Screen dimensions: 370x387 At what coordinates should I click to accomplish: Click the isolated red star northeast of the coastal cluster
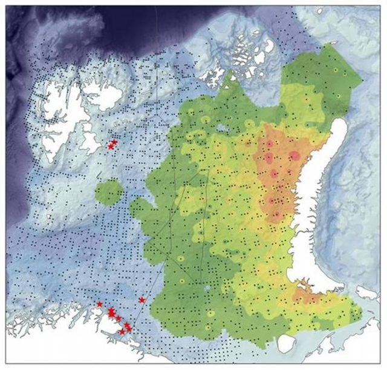click(x=141, y=300)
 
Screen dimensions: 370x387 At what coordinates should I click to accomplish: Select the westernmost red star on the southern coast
click(x=100, y=304)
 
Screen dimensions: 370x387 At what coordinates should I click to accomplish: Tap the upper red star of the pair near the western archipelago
click(x=114, y=142)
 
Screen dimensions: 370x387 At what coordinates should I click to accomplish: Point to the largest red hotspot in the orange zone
click(x=294, y=156)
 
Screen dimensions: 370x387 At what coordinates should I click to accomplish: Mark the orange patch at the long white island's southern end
click(x=306, y=296)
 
